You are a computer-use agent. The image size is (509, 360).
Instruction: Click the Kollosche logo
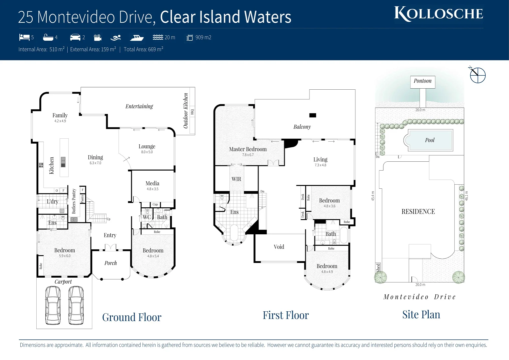[x=438, y=14]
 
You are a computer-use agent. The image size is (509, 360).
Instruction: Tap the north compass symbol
[x=477, y=75]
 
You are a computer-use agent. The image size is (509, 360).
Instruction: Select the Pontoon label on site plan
[x=422, y=81]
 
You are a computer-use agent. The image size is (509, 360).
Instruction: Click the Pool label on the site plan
[x=430, y=140]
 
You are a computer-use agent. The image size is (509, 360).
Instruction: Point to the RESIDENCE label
[x=418, y=212]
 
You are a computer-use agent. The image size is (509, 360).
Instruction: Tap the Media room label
[x=152, y=183]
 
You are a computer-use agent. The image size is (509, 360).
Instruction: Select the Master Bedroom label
[x=248, y=149]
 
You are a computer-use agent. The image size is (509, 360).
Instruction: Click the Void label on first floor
[x=279, y=247]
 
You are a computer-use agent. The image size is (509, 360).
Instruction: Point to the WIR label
[x=236, y=179]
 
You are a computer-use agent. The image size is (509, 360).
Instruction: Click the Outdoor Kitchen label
[x=186, y=110]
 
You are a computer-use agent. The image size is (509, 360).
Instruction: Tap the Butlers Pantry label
[x=74, y=201]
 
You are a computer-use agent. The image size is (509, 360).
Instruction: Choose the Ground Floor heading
[x=132, y=317]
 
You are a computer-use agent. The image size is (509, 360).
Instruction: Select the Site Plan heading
[x=421, y=315]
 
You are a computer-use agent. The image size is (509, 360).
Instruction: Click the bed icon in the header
[x=24, y=37]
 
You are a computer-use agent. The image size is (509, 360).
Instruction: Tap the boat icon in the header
[x=137, y=38]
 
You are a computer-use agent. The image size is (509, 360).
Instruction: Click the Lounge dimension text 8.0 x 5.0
[x=147, y=152]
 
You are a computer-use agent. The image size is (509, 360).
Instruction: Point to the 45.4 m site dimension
[x=372, y=196]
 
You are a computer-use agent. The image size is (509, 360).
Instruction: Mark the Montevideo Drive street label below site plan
[x=419, y=297]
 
